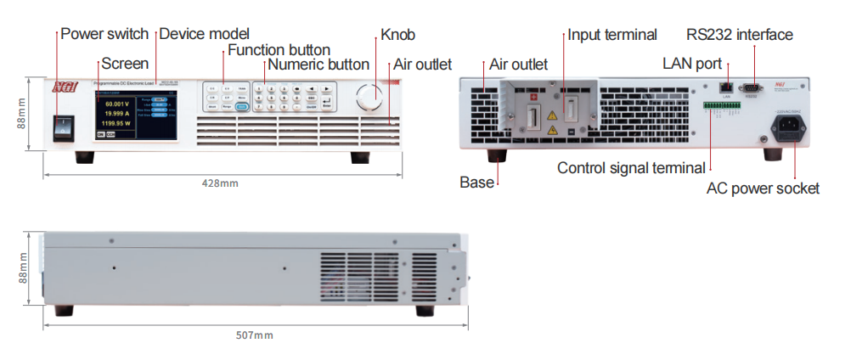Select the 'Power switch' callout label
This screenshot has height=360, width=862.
point(104,35)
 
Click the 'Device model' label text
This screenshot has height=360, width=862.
point(204,34)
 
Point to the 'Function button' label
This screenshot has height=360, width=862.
point(279,50)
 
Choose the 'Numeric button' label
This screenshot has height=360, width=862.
point(318,65)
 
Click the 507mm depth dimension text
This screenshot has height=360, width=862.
point(255,335)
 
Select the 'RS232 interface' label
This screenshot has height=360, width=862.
point(739,35)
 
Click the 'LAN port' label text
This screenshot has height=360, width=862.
point(691,65)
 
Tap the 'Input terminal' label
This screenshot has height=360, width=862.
point(611,35)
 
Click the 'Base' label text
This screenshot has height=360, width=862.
point(476,183)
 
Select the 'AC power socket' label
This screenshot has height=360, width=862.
point(763,188)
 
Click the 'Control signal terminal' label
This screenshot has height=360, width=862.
point(631,168)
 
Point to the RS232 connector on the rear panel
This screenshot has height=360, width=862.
point(751,87)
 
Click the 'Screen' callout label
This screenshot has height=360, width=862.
point(125,64)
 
